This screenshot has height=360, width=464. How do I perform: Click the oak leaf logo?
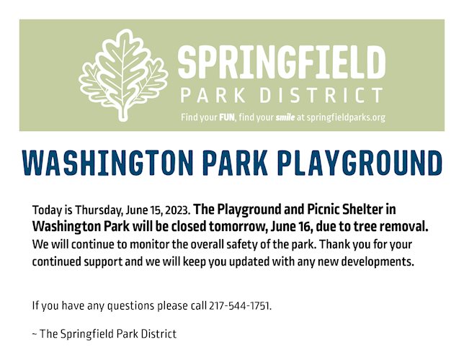(123, 75)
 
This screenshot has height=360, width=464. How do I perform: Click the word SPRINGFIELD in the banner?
(282, 63)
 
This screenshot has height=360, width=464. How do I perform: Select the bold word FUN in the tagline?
(227, 117)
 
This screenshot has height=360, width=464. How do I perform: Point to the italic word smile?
(285, 117)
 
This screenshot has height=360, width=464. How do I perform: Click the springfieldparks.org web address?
(346, 118)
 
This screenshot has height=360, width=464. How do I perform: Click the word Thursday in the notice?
(98, 210)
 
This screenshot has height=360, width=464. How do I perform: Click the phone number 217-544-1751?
(239, 305)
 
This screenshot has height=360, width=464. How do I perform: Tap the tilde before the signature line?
(35, 334)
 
